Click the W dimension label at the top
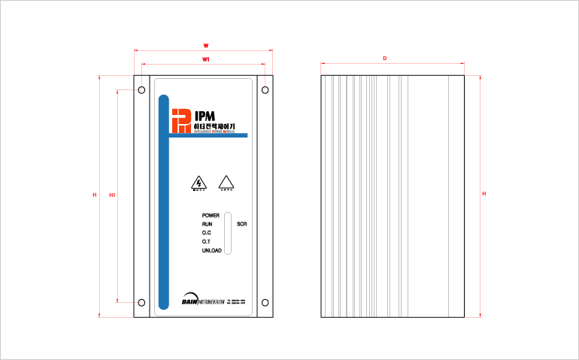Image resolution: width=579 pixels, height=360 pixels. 206,45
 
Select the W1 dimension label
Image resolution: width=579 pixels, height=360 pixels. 206,59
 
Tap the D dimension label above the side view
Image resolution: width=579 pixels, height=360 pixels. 384,59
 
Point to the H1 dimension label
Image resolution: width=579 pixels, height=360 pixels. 112,195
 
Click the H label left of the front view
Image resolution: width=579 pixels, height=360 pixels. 94,195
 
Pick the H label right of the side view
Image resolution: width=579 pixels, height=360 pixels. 484,194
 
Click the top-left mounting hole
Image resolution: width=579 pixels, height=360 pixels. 141,91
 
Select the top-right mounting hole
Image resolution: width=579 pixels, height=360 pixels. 265,91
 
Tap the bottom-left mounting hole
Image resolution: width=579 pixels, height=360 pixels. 141,303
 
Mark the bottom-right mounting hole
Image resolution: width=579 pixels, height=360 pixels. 265,303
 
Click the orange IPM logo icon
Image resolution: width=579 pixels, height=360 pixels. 180,120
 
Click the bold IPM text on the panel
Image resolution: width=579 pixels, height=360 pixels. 205,116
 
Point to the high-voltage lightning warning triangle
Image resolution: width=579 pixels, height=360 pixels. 199,183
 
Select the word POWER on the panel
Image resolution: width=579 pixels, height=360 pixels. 211,216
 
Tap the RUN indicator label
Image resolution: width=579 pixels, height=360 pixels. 207,224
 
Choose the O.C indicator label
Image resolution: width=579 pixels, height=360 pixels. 206,233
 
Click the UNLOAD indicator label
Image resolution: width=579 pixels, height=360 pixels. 211,250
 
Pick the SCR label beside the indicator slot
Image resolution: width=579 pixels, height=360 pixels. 241,224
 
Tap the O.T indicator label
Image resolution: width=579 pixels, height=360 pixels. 206,241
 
